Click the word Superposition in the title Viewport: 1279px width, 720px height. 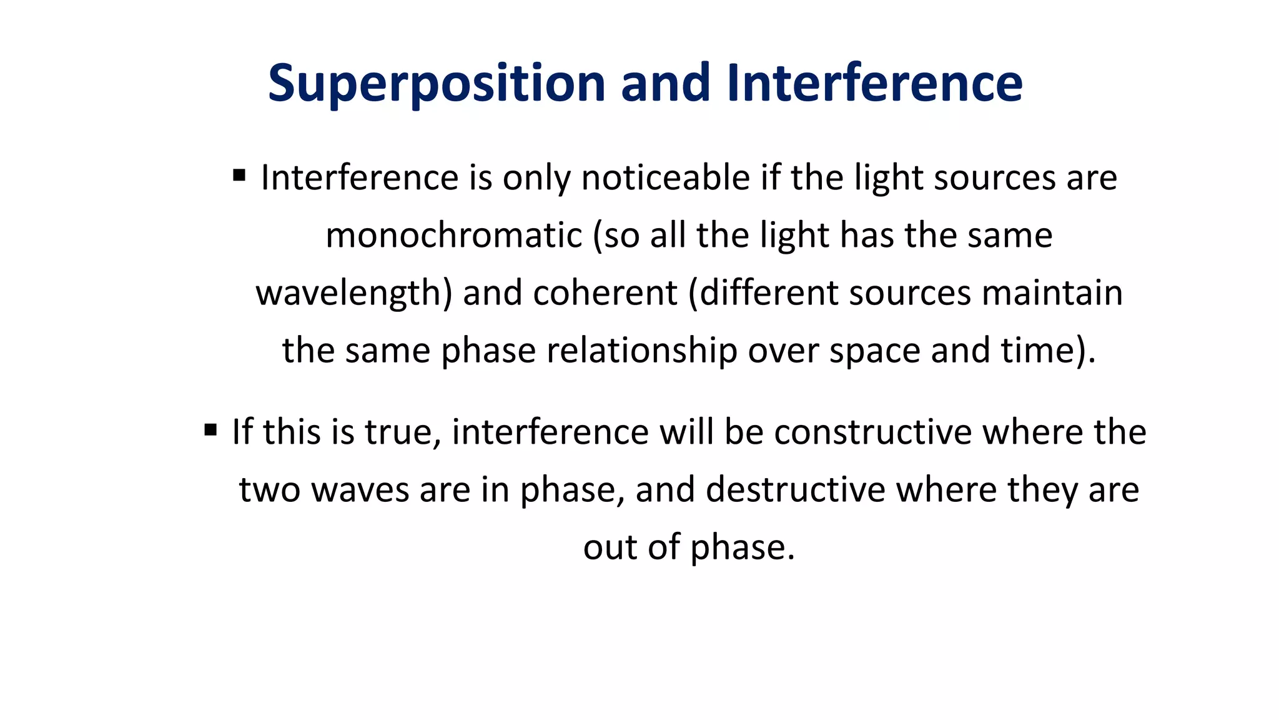click(x=437, y=84)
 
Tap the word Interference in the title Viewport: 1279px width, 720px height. click(x=874, y=82)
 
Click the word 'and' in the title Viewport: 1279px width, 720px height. click(x=665, y=82)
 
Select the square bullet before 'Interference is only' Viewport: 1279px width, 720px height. click(x=239, y=175)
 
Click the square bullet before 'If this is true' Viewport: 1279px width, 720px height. click(x=210, y=429)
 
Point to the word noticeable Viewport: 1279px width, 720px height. click(x=665, y=177)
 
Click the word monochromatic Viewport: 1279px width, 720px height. click(x=454, y=236)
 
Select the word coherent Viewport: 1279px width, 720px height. click(x=605, y=292)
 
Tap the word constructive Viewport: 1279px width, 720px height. click(x=872, y=432)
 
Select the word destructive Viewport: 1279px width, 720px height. click(x=795, y=489)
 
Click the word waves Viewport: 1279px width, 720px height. click(x=360, y=490)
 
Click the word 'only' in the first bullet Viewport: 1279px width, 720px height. click(x=536, y=179)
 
